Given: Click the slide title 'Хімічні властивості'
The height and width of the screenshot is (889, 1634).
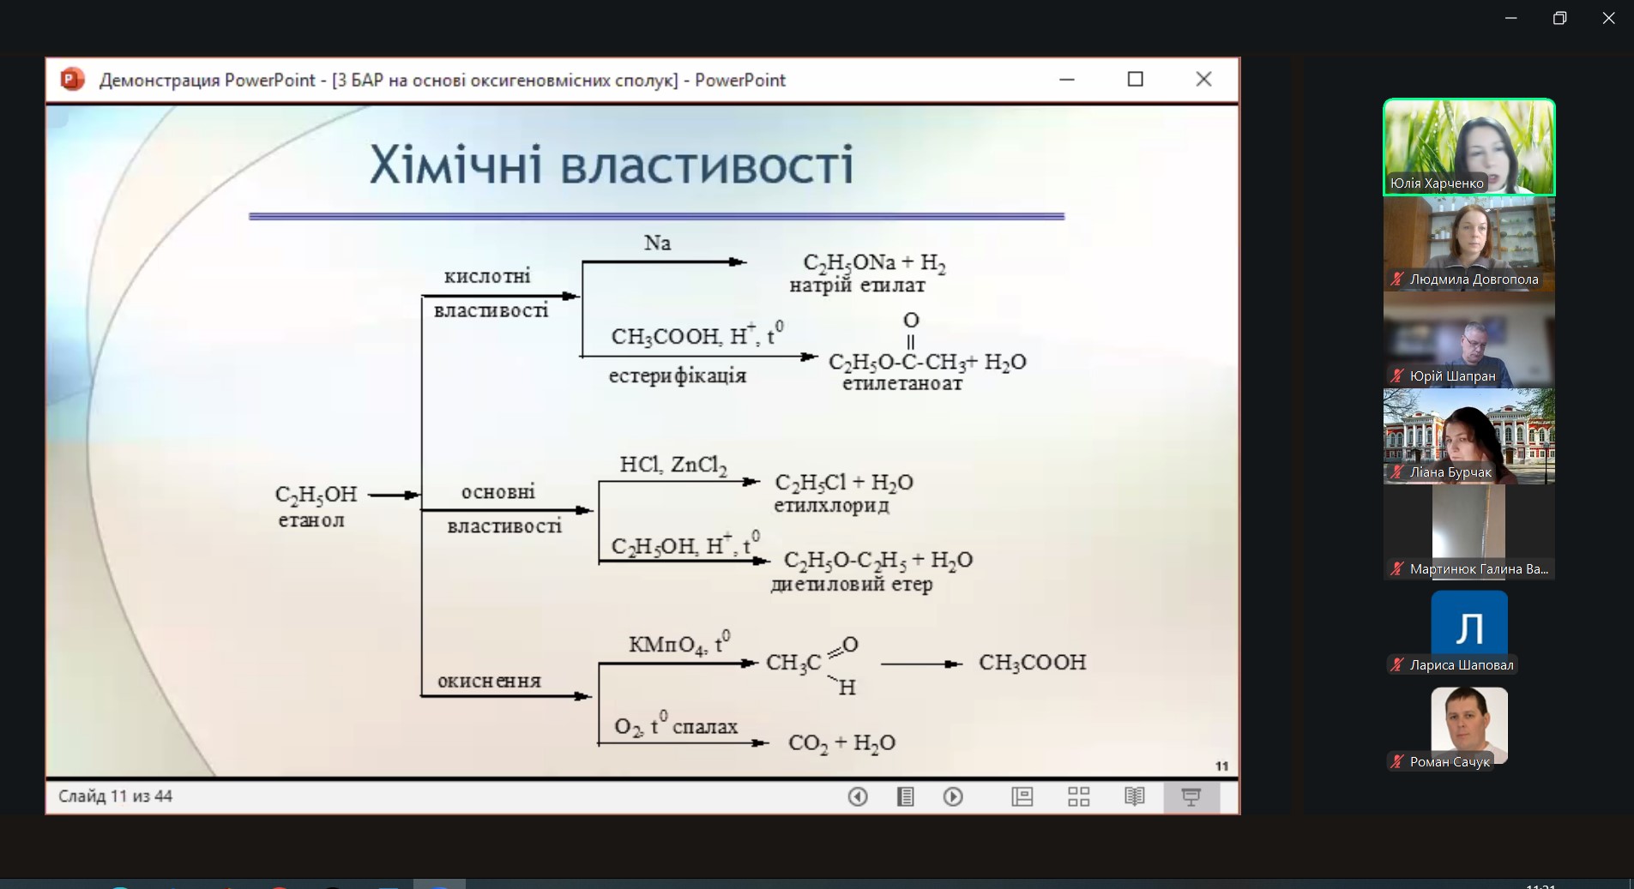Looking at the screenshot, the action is (612, 165).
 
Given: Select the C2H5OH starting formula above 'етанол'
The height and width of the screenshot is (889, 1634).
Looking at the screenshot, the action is (316, 496).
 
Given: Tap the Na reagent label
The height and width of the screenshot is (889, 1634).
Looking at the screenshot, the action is (657, 243).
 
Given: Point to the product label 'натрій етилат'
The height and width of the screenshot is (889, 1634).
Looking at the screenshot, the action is (857, 285).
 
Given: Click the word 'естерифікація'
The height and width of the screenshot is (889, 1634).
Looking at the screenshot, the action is (678, 375).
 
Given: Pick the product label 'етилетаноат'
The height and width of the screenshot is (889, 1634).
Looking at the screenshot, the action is (901, 383).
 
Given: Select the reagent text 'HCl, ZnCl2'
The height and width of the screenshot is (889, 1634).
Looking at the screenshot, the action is (673, 466).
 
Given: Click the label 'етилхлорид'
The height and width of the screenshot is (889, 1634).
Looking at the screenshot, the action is (831, 505).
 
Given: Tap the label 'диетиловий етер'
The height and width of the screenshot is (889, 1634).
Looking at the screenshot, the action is (851, 585).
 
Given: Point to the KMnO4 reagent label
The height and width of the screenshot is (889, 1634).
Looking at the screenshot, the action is (679, 644).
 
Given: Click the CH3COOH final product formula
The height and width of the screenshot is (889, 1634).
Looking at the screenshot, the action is (1032, 663).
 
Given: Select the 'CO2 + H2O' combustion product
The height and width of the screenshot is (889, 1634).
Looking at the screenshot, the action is (841, 743).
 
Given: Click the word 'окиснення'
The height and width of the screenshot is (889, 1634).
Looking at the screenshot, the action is (489, 682).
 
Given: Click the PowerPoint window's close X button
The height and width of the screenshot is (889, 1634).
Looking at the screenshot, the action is (1203, 80).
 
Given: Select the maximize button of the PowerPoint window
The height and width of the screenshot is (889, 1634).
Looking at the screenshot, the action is (1135, 80).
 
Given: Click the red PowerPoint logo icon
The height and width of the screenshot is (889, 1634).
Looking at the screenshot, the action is (72, 80).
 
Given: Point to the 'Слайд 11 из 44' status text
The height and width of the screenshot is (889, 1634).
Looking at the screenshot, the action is (115, 796).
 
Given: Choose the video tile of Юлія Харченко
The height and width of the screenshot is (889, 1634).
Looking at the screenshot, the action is (1468, 147).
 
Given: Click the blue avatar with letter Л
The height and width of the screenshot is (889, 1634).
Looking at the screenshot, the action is (1468, 628).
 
